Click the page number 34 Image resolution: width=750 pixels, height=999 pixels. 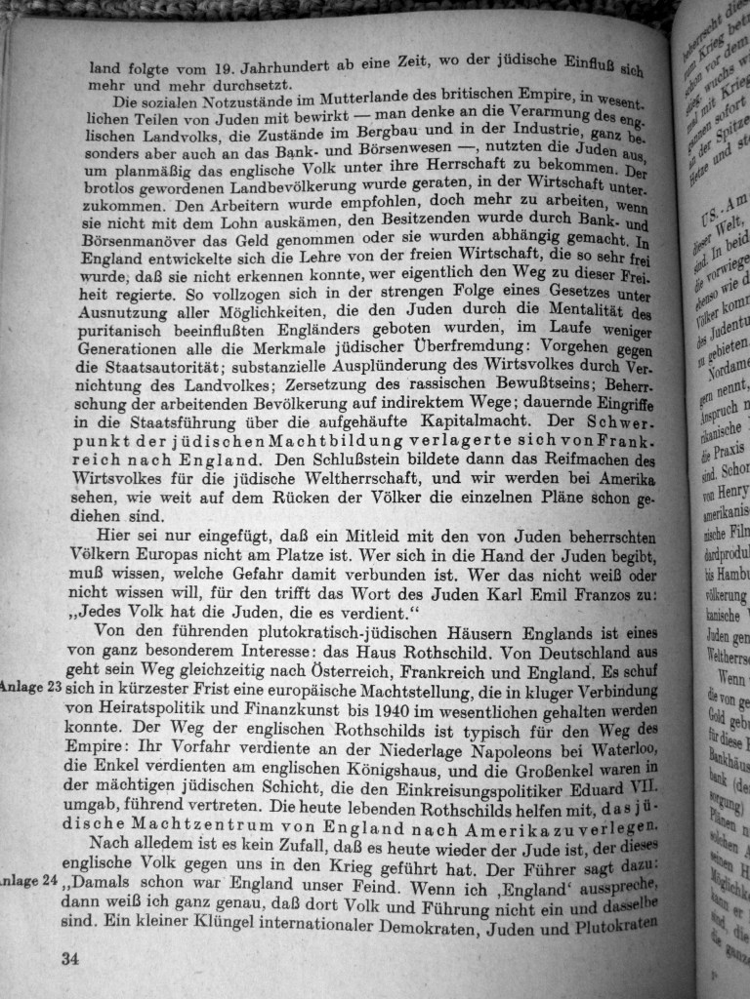[x=69, y=958]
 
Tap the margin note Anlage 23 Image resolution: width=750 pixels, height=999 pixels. [x=31, y=687]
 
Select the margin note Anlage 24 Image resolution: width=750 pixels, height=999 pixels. [x=29, y=881]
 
